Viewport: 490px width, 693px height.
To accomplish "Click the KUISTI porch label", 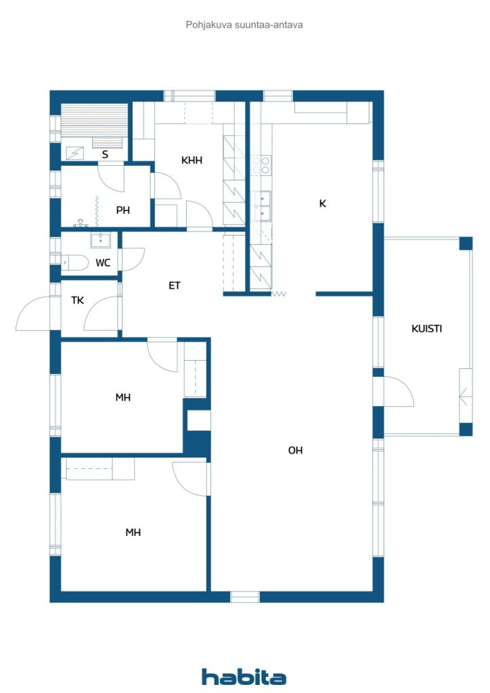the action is pyautogui.click(x=426, y=328).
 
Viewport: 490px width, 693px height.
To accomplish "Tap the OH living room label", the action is pyautogui.click(x=295, y=450).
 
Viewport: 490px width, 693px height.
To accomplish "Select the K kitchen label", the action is pyautogui.click(x=323, y=203).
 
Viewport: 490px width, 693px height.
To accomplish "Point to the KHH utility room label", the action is pyautogui.click(x=192, y=160).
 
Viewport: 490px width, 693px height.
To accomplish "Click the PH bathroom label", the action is pyautogui.click(x=122, y=210).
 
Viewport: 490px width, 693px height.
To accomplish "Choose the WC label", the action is pyautogui.click(x=103, y=263).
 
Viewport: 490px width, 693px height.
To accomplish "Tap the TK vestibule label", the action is pyautogui.click(x=77, y=300).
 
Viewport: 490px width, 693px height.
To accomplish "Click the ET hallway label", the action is pyautogui.click(x=175, y=286).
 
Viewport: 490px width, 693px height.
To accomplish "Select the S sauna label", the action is pyautogui.click(x=105, y=154).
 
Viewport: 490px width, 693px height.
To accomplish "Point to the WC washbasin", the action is pyautogui.click(x=102, y=240).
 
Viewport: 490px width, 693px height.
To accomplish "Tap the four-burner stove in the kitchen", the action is pyautogui.click(x=261, y=165).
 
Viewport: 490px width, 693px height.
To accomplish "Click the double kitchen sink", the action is pyautogui.click(x=261, y=206).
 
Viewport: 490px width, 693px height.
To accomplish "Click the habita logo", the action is pyautogui.click(x=244, y=677).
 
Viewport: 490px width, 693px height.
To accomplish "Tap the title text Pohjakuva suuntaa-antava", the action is pyautogui.click(x=244, y=25).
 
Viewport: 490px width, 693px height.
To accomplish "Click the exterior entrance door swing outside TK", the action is pyautogui.click(x=33, y=313).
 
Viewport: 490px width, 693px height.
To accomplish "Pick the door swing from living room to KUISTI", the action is pyautogui.click(x=399, y=391).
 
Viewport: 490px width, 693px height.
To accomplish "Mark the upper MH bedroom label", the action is pyautogui.click(x=122, y=397).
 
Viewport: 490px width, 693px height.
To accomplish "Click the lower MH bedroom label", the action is pyautogui.click(x=133, y=533).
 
